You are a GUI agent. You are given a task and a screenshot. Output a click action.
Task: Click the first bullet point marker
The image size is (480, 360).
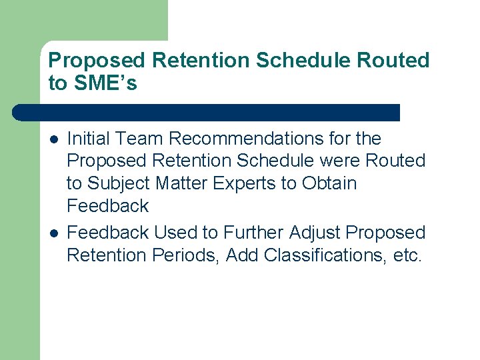tap(53, 139)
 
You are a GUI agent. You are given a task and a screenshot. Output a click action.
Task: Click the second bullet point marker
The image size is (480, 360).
tap(53, 233)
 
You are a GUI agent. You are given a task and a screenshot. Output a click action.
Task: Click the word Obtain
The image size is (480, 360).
tap(329, 183)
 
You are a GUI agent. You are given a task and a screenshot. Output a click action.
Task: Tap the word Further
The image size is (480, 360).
tap(253, 233)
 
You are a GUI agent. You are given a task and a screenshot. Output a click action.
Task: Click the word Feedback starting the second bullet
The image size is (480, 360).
tap(108, 233)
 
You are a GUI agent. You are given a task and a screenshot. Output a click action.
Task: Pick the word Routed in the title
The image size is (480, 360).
tap(393, 61)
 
